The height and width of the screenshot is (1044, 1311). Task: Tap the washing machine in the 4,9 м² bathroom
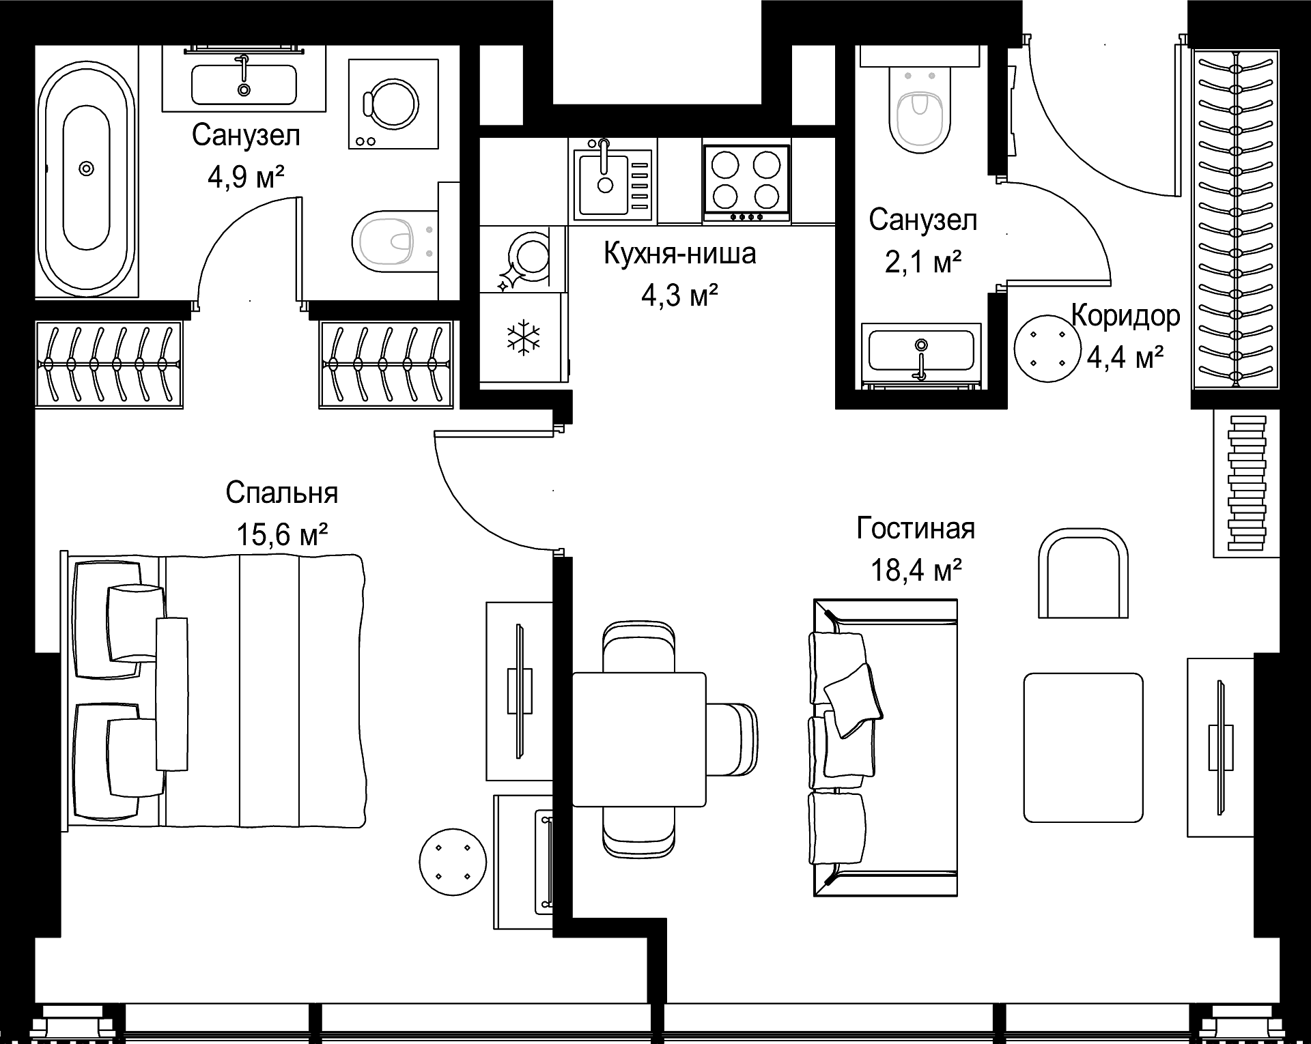393,104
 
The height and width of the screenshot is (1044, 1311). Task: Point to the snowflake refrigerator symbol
523,337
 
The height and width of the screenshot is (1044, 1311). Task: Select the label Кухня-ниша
679,254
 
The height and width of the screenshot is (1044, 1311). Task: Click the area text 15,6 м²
282,534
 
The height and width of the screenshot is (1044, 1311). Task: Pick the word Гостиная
916,528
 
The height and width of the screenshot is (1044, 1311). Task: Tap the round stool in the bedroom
453,861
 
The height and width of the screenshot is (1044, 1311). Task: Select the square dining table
638,738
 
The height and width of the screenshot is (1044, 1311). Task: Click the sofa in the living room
885,748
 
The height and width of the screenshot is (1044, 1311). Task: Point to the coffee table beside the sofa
1083,747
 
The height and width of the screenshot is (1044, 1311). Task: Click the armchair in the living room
1083,574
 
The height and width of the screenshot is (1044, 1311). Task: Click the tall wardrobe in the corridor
1236,218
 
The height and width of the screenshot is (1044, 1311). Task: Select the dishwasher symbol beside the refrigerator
523,260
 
